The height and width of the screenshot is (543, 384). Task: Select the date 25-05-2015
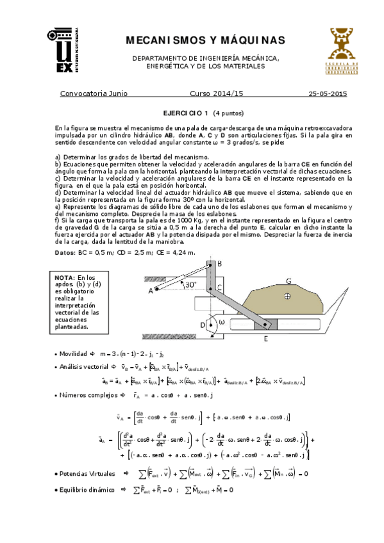(x=328, y=93)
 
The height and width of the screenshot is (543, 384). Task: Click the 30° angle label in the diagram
(x=189, y=285)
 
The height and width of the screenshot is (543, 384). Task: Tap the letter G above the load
(x=289, y=280)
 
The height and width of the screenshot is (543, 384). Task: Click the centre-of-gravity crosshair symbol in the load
(x=288, y=295)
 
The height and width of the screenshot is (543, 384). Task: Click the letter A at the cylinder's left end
(x=151, y=291)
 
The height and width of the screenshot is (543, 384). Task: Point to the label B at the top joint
(x=219, y=264)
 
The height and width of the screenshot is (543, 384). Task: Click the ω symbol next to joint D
(x=222, y=322)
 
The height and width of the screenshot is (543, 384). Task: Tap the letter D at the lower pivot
(x=202, y=325)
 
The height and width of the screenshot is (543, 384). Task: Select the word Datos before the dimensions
(x=66, y=253)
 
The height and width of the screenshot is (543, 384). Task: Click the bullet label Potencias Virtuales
(x=88, y=474)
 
